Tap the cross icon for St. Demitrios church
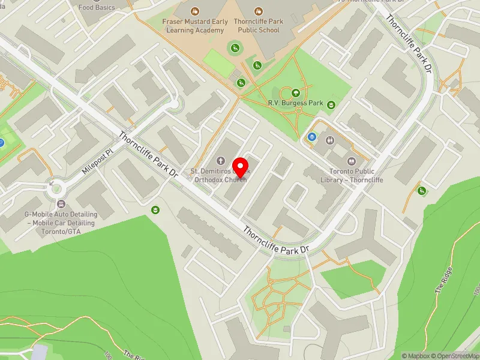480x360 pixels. click(221, 161)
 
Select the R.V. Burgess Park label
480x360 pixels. click(295, 103)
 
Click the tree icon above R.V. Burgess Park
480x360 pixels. click(295, 93)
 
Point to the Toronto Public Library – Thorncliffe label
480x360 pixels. click(352, 175)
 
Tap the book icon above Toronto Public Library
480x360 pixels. click(352, 161)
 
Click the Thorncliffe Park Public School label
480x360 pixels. click(258, 26)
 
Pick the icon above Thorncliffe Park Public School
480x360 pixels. click(258, 11)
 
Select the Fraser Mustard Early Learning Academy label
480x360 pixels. click(195, 26)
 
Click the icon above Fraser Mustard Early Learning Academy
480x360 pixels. click(195, 11)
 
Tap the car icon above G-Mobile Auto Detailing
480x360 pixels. click(59, 205)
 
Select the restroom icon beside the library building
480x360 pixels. click(331, 140)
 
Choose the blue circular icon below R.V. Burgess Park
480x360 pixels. click(312, 137)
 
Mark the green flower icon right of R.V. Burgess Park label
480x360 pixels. click(331, 104)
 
